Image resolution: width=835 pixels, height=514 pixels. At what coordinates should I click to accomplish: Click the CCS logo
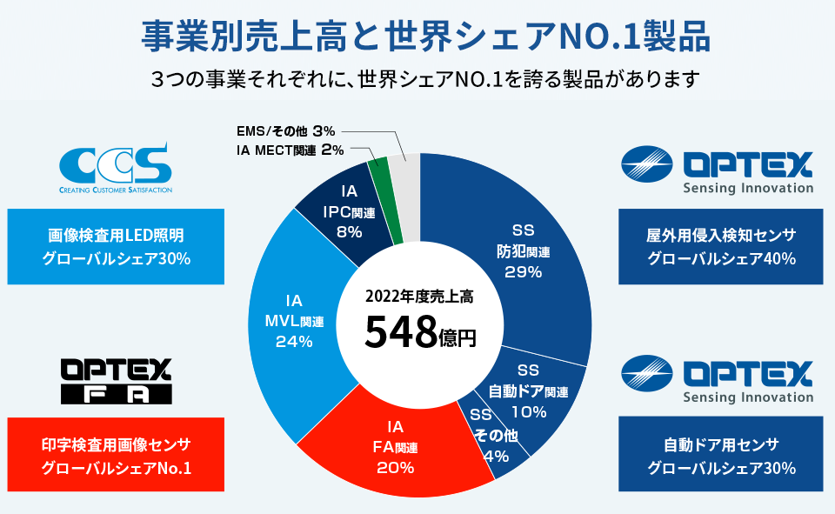click(x=116, y=167)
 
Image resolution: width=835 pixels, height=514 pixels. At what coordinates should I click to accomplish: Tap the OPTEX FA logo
click(x=116, y=381)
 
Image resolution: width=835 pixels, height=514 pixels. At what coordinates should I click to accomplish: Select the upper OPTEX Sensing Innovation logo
click(x=718, y=170)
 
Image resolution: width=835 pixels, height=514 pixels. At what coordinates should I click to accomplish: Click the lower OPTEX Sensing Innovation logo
click(x=718, y=381)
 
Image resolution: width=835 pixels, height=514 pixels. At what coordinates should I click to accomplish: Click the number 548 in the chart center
click(x=399, y=331)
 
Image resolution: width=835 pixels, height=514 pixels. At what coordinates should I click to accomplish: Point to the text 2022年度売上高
click(x=419, y=295)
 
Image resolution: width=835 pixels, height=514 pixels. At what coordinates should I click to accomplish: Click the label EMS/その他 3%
click(x=285, y=130)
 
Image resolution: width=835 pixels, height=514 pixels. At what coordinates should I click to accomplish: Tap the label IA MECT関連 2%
click(x=290, y=150)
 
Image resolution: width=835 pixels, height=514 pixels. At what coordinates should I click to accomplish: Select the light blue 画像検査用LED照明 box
click(x=116, y=246)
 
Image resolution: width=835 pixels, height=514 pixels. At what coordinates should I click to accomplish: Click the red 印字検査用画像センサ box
click(x=116, y=456)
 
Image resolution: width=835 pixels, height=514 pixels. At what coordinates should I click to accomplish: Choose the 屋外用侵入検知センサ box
click(x=721, y=246)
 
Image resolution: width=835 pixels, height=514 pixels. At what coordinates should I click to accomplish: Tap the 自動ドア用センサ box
click(x=721, y=454)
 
